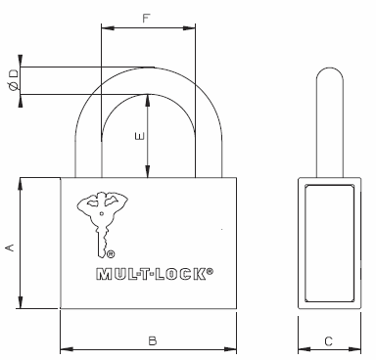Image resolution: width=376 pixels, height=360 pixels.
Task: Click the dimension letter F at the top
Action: (146, 19)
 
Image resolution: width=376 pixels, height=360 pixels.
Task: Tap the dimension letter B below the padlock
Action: (153, 341)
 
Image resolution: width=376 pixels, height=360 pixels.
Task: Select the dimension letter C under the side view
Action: (328, 341)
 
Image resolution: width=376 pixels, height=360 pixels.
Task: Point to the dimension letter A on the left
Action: (11, 247)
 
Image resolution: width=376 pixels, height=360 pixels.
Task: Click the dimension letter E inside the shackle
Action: (140, 136)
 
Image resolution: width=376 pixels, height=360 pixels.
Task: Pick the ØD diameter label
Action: (14, 80)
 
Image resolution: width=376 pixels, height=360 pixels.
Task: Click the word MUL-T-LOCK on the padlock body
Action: (152, 274)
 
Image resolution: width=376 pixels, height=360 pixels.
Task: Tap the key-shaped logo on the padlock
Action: (102, 224)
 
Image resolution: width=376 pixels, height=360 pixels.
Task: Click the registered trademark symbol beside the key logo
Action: (111, 254)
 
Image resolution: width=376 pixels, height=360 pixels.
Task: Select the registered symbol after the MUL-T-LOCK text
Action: (210, 271)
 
